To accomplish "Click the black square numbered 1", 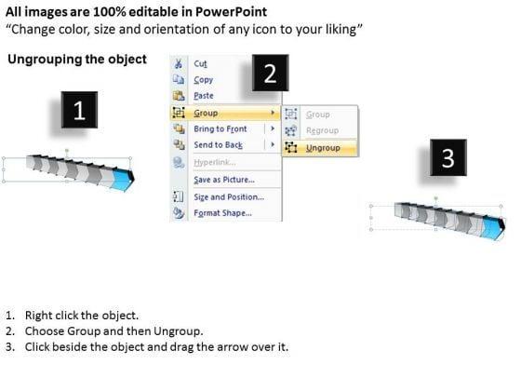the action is point(79,110).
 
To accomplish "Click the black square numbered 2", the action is point(270,73).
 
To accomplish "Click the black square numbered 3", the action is point(448,157).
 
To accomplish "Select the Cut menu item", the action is point(200,63).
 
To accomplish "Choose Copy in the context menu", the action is point(204,80).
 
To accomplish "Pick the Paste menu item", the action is point(204,96).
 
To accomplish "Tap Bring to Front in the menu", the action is point(220,128).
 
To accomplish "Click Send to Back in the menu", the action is point(219,145).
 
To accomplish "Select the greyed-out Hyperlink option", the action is point(215,162).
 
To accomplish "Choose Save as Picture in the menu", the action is point(224,180).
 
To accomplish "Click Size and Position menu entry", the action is point(229,196).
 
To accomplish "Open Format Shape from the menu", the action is point(222,213).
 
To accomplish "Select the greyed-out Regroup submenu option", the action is point(322,130).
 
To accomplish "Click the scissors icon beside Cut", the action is point(179,63).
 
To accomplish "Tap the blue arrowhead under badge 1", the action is point(124,180).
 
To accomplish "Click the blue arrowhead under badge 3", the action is point(494,227).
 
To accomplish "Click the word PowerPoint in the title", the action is point(231,12).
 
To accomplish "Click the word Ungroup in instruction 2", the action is point(177,331).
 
